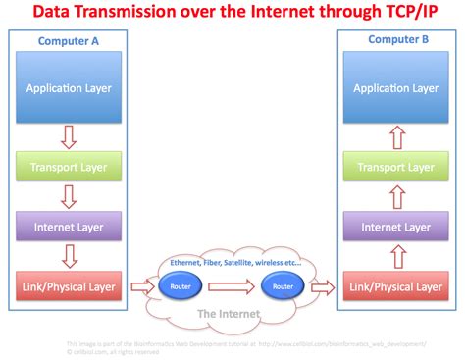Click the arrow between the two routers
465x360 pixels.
(x=232, y=287)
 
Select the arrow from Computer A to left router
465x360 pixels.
(x=143, y=287)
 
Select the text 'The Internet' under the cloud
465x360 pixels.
(x=231, y=314)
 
